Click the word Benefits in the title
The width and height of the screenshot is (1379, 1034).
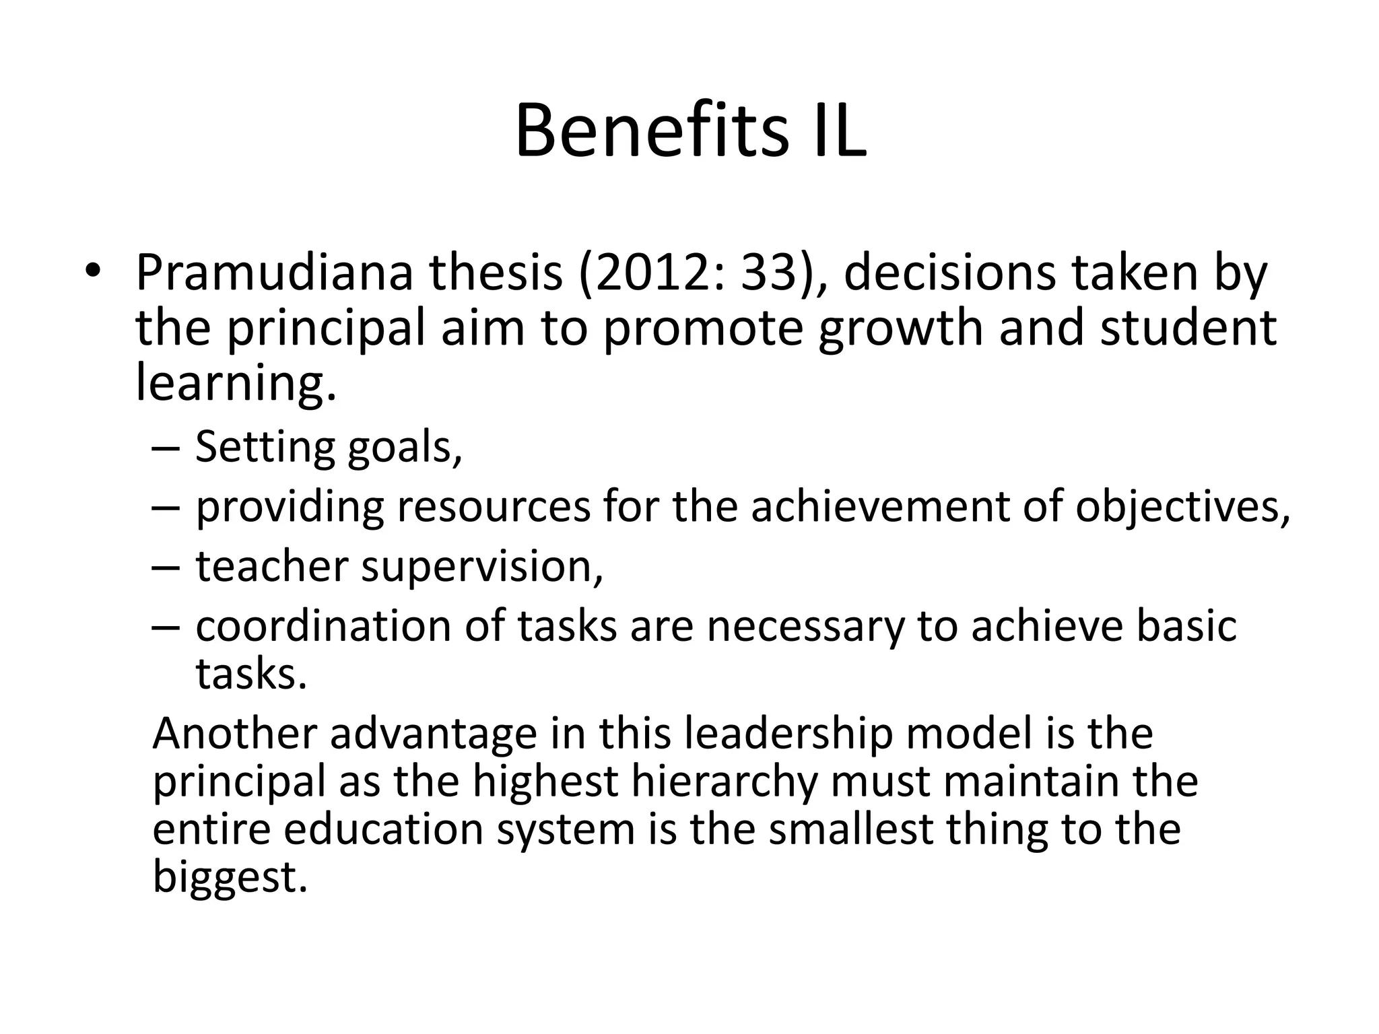[x=650, y=131]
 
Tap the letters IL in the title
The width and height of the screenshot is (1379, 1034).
[x=833, y=131]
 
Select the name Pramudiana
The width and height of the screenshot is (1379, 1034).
[x=273, y=273]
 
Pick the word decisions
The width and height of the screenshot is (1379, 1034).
[x=949, y=273]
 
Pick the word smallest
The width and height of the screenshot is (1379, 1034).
[x=850, y=829]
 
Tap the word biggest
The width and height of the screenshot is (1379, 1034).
[x=230, y=877]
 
